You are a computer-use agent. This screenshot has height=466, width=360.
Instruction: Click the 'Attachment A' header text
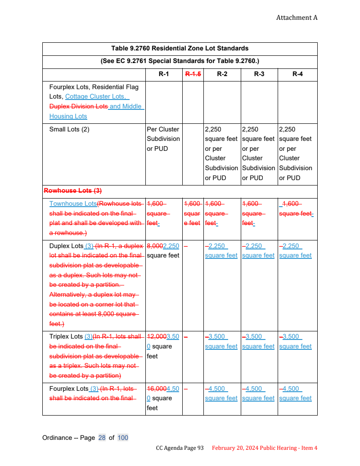(297, 18)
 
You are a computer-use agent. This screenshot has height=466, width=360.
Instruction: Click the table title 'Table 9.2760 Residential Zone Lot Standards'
(180, 48)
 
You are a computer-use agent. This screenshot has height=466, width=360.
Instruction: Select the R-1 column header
(164, 74)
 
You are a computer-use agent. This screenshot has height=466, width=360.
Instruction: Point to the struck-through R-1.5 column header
(193, 74)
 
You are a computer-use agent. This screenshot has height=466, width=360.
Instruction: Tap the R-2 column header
(222, 74)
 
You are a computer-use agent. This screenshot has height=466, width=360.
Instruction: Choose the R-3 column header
(259, 74)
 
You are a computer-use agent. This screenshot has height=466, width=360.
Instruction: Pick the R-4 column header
(297, 74)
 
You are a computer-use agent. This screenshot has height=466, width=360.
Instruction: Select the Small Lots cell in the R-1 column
(163, 139)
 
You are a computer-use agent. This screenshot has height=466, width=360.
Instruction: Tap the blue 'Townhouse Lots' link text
(73, 204)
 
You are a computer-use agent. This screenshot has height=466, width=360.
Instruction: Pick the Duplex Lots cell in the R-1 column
(163, 251)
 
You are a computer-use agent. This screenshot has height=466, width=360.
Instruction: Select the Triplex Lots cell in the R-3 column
(258, 342)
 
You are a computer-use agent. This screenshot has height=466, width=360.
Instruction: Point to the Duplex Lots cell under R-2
(221, 251)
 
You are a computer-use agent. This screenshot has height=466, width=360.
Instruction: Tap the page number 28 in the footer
(102, 438)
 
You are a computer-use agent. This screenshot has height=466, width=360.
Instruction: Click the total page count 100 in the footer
(123, 438)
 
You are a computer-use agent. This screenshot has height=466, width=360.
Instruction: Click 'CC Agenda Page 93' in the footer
(180, 448)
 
